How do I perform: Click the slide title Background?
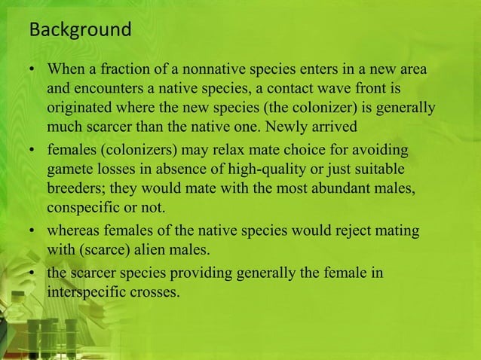click(x=79, y=31)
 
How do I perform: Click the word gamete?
click(x=69, y=166)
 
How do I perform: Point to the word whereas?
click(x=74, y=230)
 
